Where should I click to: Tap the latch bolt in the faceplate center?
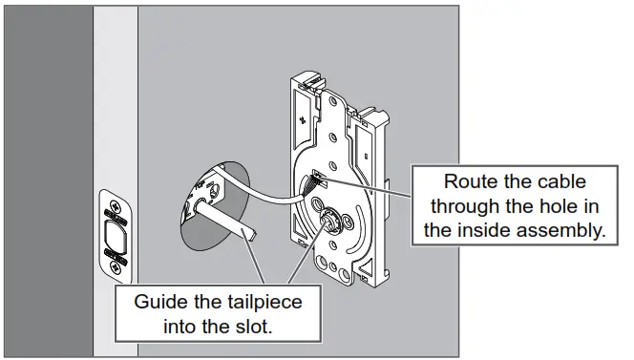115,232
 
